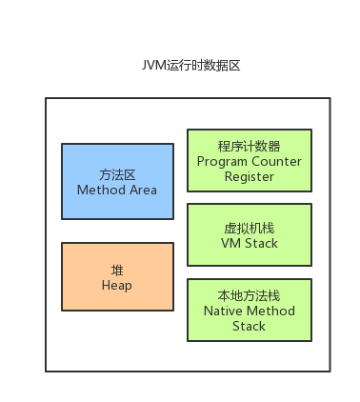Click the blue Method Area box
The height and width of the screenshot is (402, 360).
(117, 182)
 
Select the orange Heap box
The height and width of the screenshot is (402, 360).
(117, 276)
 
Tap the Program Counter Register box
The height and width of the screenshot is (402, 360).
(249, 161)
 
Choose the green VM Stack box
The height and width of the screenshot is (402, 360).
(249, 235)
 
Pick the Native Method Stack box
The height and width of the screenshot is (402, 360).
(249, 310)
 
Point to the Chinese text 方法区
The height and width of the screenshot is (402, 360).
(117, 174)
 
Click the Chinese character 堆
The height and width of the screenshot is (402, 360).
(117, 270)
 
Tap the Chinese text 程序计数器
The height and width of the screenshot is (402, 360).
(249, 147)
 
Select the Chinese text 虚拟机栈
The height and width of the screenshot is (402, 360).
(249, 228)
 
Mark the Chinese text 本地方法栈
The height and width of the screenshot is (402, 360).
(249, 295)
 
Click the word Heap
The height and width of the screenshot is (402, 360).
(117, 285)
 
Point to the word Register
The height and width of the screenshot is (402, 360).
(249, 176)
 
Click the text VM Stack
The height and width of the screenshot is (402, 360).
(249, 243)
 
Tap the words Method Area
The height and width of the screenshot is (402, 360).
(117, 190)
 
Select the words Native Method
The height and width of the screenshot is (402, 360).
(249, 311)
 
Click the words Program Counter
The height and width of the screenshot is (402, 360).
(249, 161)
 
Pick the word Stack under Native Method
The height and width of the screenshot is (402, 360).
(249, 326)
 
